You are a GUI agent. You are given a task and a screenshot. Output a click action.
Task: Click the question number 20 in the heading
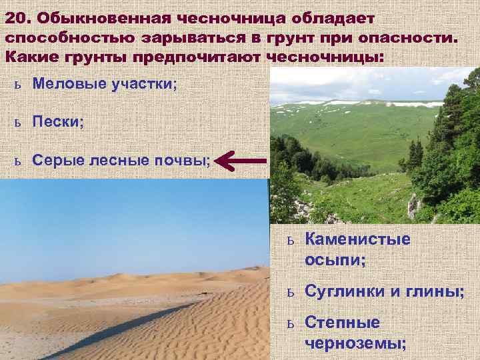pos(19,16)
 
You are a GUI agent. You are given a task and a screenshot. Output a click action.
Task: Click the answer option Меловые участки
pos(105,85)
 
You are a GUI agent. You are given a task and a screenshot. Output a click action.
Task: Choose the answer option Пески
pos(57,123)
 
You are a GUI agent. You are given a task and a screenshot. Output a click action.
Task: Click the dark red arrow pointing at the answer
pos(242,161)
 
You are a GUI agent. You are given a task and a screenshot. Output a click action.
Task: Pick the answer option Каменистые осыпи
pos(357,248)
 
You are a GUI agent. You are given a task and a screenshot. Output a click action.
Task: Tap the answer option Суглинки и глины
pos(384,291)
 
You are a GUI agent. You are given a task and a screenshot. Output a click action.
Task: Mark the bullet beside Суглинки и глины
pos(290,292)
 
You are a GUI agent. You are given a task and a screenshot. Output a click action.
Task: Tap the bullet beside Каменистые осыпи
pos(290,241)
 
